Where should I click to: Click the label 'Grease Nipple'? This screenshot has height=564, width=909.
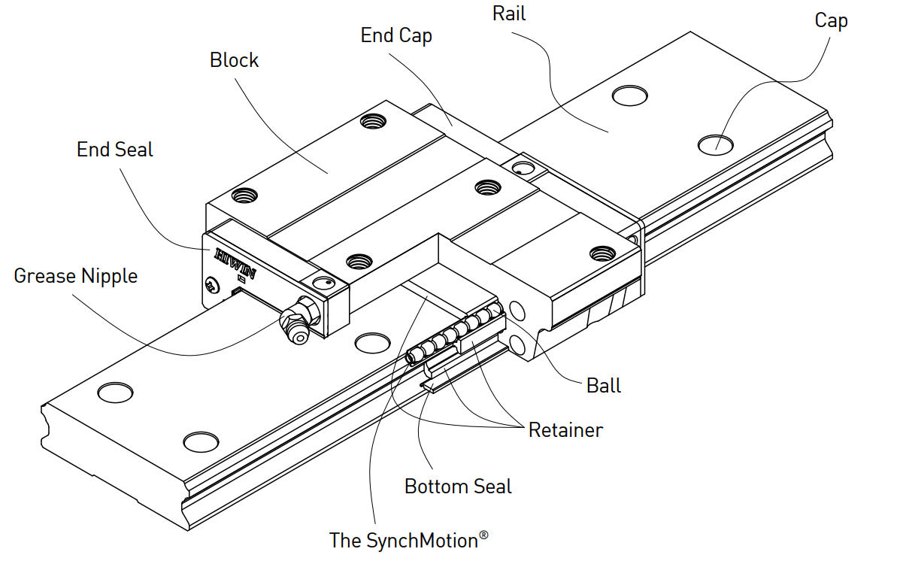point(76,276)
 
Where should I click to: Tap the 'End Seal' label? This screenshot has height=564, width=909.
point(114,150)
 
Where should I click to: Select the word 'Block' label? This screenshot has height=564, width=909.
point(234,60)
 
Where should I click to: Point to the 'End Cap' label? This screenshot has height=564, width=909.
point(396,35)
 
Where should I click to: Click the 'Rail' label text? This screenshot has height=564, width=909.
point(509,13)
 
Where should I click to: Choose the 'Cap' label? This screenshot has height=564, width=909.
point(831,20)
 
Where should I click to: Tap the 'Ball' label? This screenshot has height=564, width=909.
point(604,386)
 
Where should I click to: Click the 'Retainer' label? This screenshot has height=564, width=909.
point(565,430)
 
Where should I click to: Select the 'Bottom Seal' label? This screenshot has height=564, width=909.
point(458,487)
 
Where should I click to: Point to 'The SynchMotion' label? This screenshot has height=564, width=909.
point(404,540)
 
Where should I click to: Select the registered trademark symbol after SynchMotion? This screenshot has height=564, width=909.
point(483,535)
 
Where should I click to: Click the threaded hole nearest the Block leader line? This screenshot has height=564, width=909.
point(369,120)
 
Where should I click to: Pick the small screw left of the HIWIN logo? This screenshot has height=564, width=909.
point(211,285)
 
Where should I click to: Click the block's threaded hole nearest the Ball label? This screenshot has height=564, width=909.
point(599,252)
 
